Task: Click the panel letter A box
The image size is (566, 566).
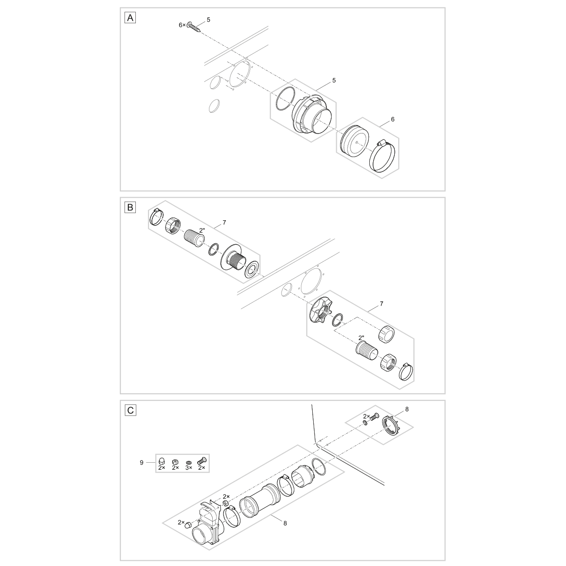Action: tap(130, 18)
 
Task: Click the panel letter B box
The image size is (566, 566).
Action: tap(130, 208)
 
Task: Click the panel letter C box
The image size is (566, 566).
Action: tap(130, 410)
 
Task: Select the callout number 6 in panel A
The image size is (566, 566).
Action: tap(393, 119)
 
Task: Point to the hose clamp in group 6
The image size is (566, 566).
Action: tap(383, 157)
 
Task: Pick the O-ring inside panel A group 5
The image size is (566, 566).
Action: tap(286, 99)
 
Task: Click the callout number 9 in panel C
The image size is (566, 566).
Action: tap(141, 463)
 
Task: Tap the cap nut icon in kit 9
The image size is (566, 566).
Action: tap(161, 460)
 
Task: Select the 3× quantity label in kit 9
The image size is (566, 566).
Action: tap(189, 467)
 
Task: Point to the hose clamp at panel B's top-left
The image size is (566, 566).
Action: tap(156, 216)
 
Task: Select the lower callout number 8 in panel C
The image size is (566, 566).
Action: tap(285, 523)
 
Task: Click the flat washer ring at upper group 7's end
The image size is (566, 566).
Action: tap(252, 269)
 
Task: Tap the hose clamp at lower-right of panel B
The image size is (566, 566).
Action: tap(406, 371)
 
